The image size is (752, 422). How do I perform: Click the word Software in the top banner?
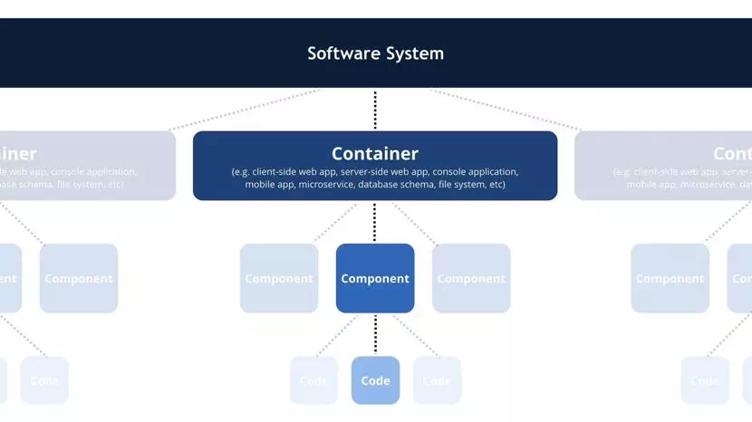(341, 53)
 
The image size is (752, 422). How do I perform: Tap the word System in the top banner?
(412, 53)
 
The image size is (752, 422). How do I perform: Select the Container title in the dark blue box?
(375, 154)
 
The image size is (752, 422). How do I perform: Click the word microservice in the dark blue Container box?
(322, 185)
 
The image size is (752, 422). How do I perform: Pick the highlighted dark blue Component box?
(375, 278)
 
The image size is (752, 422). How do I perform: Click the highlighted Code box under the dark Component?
(375, 380)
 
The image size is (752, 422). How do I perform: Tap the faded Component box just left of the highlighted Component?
(279, 278)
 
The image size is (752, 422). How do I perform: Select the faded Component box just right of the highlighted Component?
(471, 278)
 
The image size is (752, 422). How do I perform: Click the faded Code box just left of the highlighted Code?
(313, 380)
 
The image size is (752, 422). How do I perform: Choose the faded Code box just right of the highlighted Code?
(437, 380)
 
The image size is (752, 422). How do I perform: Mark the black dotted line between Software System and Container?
(375, 110)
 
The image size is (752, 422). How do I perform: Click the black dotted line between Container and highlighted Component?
(375, 222)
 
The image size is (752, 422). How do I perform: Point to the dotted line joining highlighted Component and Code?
(375, 334)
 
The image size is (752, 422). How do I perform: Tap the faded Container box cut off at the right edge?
(670, 166)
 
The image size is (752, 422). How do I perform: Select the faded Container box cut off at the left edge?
(86, 166)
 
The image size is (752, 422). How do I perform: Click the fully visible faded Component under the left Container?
(79, 278)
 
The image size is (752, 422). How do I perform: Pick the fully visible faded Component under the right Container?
(670, 278)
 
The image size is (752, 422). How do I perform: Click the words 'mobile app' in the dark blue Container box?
(270, 185)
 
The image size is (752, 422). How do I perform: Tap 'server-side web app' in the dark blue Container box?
(382, 171)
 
